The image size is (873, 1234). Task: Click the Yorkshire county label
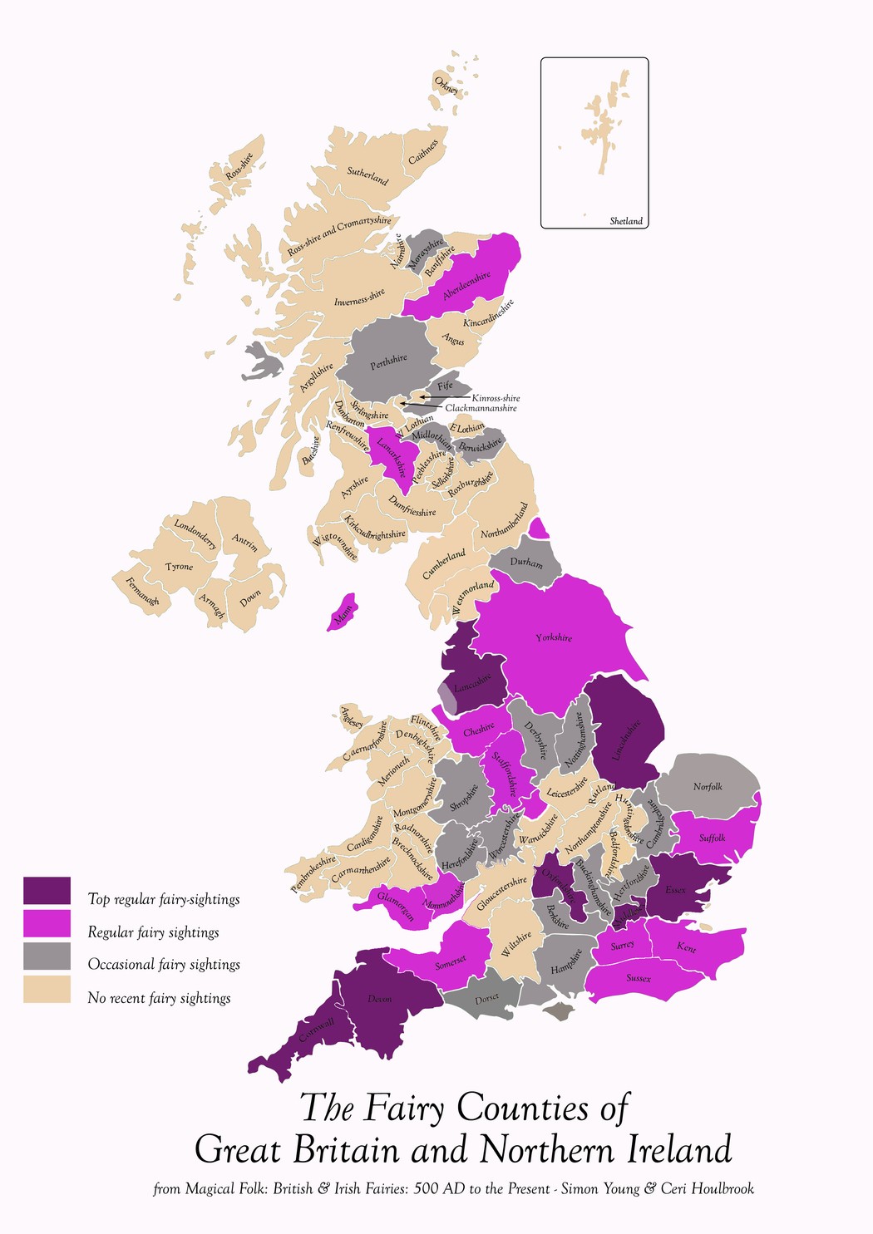[554, 637]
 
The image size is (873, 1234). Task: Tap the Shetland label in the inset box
[626, 221]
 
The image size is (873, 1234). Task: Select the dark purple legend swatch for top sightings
[47, 891]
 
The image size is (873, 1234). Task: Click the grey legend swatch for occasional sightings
[47, 956]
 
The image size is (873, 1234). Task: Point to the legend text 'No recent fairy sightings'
[159, 998]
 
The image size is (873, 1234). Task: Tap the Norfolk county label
[708, 786]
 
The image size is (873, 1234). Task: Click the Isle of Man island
[343, 612]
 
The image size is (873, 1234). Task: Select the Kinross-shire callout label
[496, 398]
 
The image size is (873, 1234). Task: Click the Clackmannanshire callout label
[481, 408]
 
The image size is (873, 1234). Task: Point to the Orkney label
[446, 85]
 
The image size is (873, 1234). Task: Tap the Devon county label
[379, 998]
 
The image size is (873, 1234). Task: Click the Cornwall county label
[316, 1031]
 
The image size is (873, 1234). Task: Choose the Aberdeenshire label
[466, 286]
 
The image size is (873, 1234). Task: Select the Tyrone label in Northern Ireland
[179, 567]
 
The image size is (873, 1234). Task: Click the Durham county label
[525, 563]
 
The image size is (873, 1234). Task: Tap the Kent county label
[686, 946]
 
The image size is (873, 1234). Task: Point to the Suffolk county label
[712, 838]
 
